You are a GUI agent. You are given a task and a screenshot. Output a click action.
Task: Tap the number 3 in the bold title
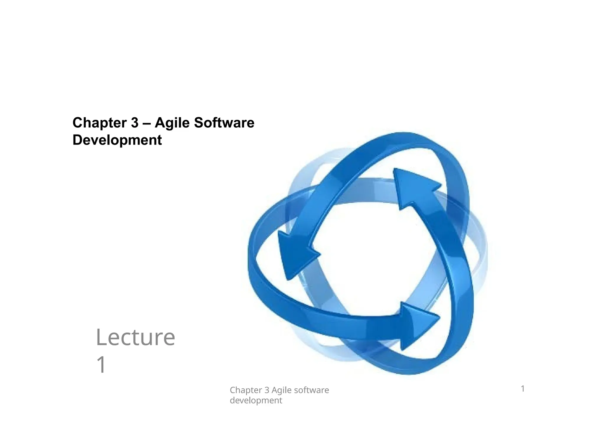click(x=135, y=123)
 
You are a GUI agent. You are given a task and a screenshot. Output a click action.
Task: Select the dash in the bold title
click(x=147, y=123)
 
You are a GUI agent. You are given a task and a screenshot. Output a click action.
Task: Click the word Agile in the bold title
click(x=172, y=123)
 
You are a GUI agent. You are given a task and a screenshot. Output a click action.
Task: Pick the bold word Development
click(x=117, y=140)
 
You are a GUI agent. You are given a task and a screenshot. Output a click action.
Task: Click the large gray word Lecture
click(x=135, y=338)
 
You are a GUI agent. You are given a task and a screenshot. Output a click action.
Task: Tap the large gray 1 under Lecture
click(x=101, y=365)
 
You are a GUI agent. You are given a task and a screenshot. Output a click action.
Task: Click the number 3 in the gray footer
click(x=267, y=390)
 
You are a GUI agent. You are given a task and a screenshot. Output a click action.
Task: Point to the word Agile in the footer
click(x=282, y=390)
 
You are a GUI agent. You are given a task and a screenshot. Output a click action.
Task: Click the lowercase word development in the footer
click(x=256, y=401)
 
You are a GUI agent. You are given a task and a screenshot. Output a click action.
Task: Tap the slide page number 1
click(x=523, y=389)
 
